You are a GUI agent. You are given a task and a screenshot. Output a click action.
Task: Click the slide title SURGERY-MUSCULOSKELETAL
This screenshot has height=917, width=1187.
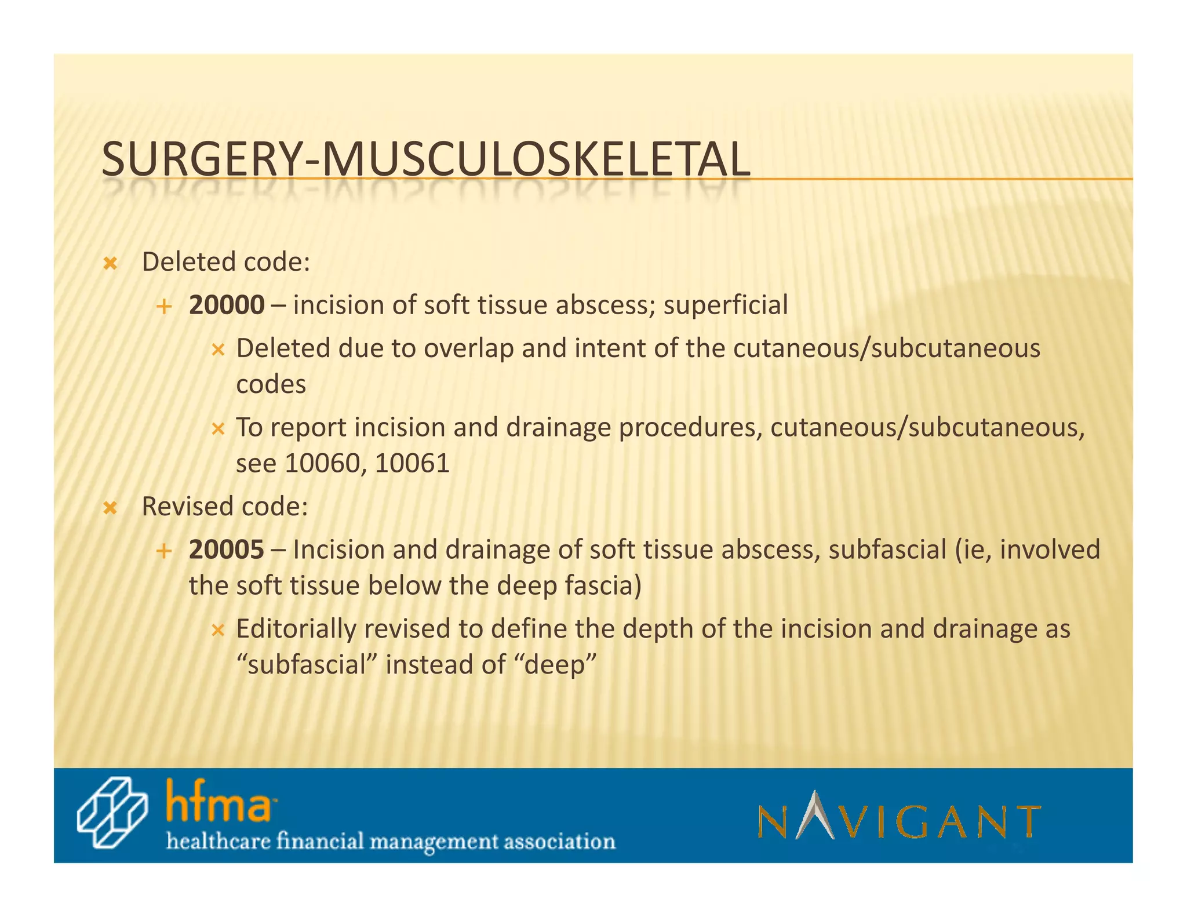(x=425, y=159)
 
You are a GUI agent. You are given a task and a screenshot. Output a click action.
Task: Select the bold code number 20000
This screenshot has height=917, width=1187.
(x=227, y=305)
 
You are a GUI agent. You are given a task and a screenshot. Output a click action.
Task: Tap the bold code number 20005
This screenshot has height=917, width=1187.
(x=227, y=550)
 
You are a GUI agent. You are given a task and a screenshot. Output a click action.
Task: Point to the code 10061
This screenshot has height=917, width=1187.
(x=412, y=463)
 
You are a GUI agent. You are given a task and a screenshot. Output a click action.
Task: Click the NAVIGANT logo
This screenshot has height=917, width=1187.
(x=899, y=816)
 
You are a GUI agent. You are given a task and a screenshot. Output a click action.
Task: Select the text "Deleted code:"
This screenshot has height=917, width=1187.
(x=226, y=262)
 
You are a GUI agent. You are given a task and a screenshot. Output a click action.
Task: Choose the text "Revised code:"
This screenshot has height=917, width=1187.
(x=225, y=507)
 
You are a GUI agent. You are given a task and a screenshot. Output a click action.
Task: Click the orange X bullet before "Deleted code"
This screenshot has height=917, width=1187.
(x=110, y=264)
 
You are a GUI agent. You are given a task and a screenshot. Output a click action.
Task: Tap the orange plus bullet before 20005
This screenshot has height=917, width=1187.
(x=164, y=551)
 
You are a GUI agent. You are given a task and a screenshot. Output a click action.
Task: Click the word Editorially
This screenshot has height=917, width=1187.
(x=296, y=629)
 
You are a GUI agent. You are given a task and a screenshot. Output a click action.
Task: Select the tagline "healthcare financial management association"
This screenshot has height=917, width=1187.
(x=391, y=841)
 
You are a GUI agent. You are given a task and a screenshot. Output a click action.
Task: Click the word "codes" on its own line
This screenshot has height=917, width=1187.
(x=271, y=384)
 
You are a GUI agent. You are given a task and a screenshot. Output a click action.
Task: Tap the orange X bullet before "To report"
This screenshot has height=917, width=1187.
(x=217, y=430)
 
